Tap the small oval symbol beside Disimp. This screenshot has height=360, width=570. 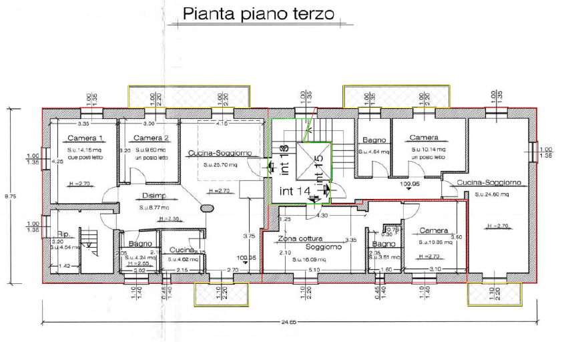(x=208, y=208)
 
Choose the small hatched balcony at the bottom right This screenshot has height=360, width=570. (x=495, y=293)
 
